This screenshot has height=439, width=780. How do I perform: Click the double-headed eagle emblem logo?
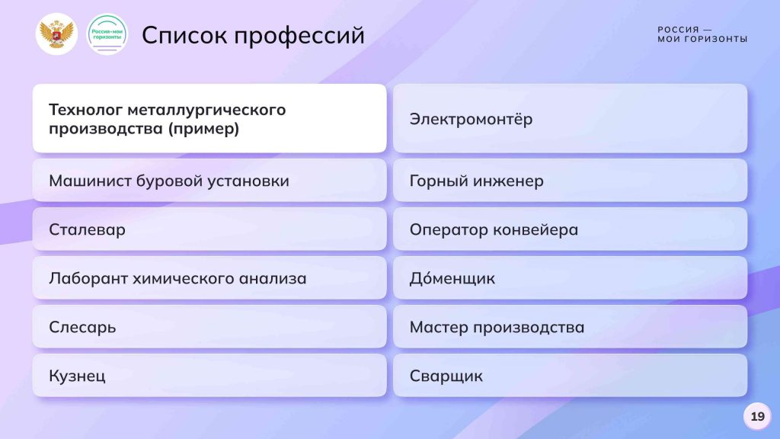coord(56,34)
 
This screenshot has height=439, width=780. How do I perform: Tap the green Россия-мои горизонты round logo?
coord(107,34)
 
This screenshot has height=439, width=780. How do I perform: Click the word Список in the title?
coord(184,35)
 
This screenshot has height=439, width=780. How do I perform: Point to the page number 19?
coord(758,416)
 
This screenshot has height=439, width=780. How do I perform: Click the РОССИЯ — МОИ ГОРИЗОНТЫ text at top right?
coord(702,34)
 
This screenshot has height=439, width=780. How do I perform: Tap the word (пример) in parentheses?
coord(203,129)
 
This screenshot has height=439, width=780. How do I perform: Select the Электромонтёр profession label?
coord(471,119)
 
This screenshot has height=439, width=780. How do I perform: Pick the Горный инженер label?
coord(477,181)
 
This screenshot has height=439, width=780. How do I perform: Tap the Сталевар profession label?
coord(87,229)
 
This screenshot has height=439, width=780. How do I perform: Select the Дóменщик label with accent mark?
coord(452,277)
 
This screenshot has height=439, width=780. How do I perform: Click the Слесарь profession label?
coord(82,327)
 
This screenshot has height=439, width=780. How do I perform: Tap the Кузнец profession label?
coord(77,376)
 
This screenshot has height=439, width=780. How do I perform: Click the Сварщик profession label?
coord(446,376)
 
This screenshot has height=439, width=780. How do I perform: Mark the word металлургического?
coord(206,110)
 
